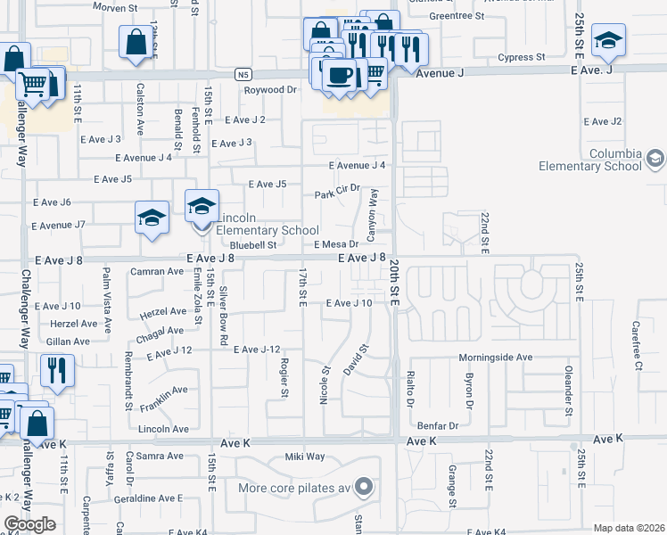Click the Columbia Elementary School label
[589, 159]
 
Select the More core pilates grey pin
[363, 487]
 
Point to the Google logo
[29, 524]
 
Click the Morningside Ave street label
[495, 357]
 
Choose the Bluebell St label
[253, 244]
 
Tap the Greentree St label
[456, 16]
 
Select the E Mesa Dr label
[335, 243]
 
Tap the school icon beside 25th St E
[608, 40]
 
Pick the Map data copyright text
[630, 528]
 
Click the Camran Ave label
[156, 270]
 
